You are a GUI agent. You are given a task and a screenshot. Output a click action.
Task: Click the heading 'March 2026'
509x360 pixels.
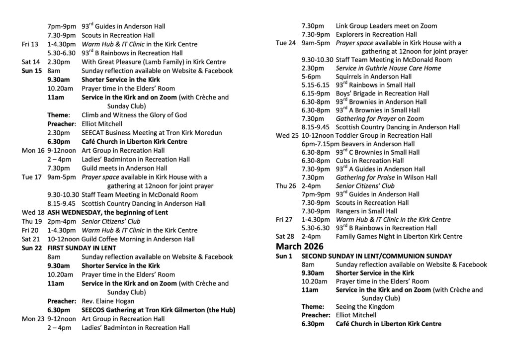click(x=299, y=247)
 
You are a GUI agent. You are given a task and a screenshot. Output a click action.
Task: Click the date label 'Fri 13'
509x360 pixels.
click(x=30, y=44)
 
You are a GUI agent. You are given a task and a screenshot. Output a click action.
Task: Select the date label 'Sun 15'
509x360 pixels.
click(x=32, y=71)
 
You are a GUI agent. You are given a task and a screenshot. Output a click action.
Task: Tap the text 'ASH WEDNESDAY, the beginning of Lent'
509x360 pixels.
click(x=107, y=212)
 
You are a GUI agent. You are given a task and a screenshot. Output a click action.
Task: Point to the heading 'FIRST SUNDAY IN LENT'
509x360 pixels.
click(x=82, y=248)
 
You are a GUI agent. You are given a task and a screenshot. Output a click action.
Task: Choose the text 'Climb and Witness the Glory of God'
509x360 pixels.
click(x=134, y=115)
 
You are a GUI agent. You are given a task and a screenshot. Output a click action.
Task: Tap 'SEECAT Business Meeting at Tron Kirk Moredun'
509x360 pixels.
click(x=152, y=133)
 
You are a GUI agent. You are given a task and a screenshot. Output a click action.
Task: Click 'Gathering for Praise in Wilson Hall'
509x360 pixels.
click(x=386, y=177)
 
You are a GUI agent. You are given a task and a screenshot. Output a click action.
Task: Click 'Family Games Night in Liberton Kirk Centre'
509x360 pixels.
click(x=399, y=236)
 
